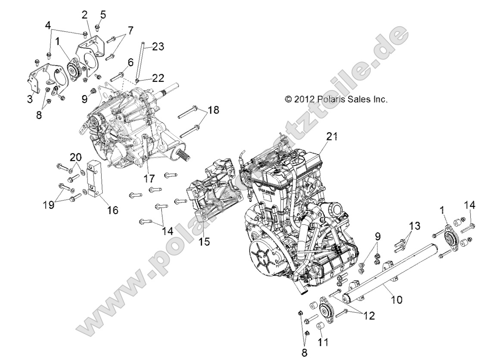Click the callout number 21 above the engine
click(332, 137)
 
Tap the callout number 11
click(323, 342)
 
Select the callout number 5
click(103, 15)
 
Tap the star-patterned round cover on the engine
click(264, 258)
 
